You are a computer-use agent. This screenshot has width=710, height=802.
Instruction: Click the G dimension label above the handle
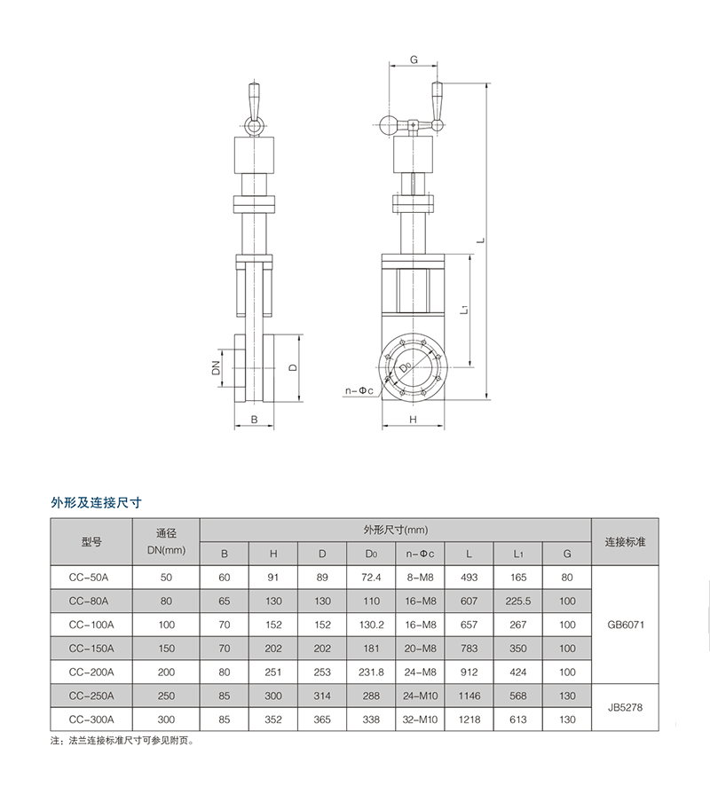(414, 59)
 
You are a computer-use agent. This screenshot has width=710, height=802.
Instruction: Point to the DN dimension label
(216, 368)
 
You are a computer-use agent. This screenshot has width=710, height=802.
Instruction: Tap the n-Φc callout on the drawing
(359, 390)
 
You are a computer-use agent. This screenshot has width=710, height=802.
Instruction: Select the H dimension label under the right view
(414, 420)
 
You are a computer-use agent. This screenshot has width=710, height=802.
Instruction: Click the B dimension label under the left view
(254, 420)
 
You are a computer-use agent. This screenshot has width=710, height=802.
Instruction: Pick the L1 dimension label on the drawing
(464, 309)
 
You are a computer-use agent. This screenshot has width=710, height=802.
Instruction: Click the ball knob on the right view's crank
(389, 125)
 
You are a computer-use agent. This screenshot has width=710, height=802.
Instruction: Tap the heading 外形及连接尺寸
(96, 503)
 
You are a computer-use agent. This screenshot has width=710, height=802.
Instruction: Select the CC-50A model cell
(89, 578)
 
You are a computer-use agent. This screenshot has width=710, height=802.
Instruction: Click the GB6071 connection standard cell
(626, 625)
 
